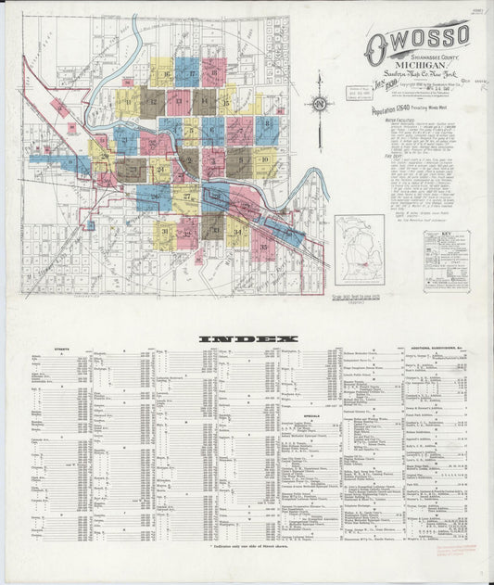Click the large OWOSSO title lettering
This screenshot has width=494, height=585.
416,41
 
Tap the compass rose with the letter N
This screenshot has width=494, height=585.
320,104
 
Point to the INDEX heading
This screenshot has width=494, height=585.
246,338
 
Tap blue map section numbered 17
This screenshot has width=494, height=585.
187,71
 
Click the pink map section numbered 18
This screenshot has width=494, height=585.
214,71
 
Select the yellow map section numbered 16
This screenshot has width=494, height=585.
162,71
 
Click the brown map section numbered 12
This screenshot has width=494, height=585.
153,101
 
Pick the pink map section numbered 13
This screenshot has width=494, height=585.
179,101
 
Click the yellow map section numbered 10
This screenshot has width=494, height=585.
266,162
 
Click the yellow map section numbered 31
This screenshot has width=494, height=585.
165,233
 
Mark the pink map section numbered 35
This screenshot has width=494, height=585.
263,244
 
